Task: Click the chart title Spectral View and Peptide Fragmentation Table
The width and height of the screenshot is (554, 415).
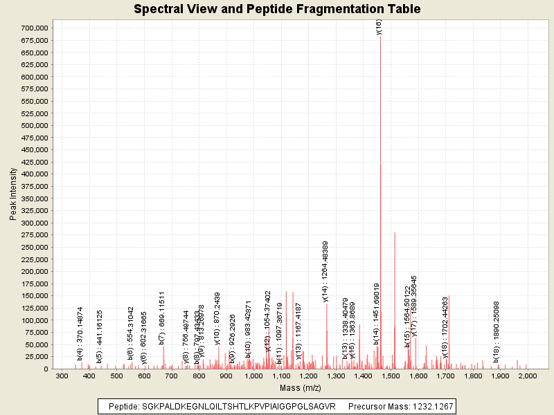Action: [x=277, y=9]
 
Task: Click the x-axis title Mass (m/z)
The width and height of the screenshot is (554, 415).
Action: [x=301, y=387]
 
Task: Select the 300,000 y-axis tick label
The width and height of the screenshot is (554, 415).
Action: [x=32, y=223]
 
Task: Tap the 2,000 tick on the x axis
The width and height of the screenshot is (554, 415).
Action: [x=528, y=376]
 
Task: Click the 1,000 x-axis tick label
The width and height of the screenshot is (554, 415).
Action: [x=253, y=376]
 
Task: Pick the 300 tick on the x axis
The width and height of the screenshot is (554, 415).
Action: [x=62, y=376]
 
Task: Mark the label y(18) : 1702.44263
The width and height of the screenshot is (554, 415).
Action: [x=446, y=327]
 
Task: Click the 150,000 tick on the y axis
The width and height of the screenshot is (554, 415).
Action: [x=32, y=296]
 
